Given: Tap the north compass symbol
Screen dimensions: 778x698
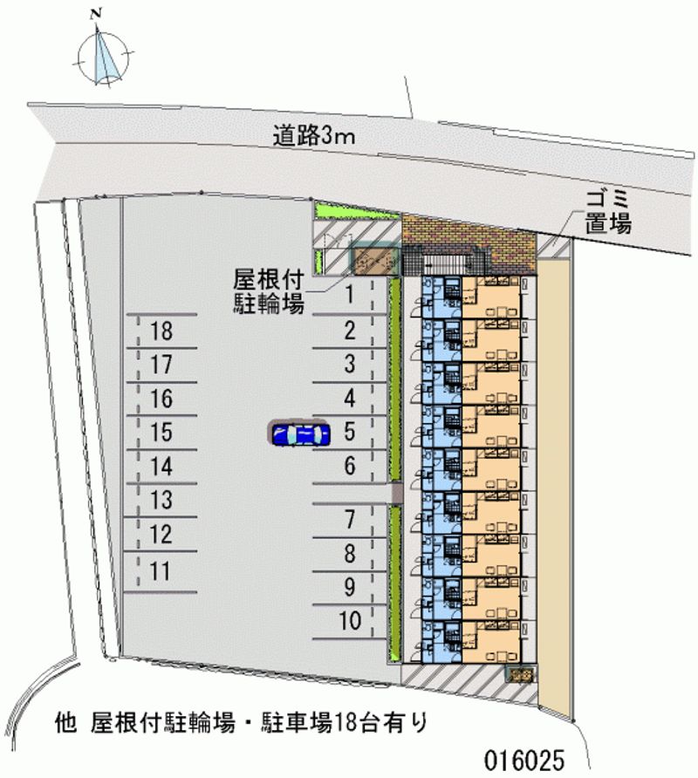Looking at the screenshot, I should point(106,55).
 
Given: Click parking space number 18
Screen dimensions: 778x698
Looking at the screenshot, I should point(161,331).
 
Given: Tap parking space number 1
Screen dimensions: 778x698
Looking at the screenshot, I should point(349,295).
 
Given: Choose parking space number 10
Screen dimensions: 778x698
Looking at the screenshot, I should point(349,621).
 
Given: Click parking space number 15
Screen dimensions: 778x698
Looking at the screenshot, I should point(161,433).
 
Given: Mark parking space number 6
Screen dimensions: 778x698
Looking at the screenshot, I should point(349,466).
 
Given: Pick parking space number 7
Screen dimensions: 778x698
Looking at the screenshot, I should point(349,521).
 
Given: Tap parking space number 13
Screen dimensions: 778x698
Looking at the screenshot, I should point(161,501).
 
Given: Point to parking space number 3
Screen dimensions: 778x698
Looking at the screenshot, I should point(349,365).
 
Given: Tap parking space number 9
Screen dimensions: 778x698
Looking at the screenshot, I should point(349,587).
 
